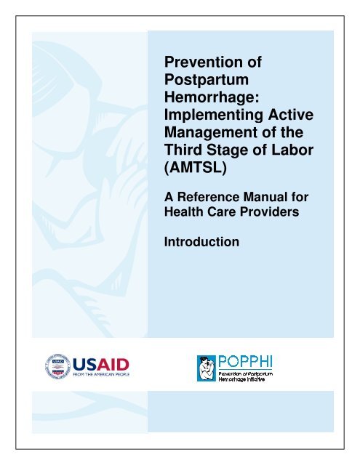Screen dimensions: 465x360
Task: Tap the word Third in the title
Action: [x=187, y=147]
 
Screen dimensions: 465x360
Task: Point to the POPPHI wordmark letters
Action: [x=248, y=360]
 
